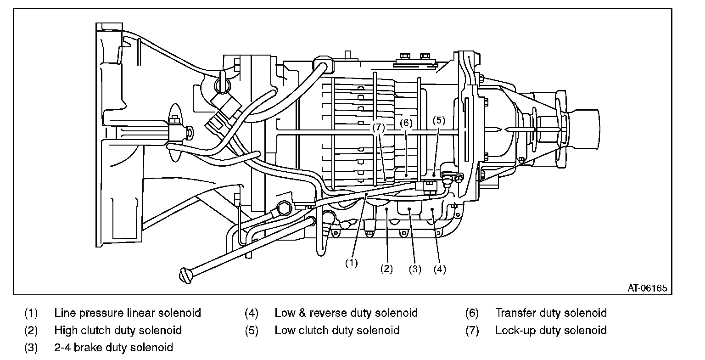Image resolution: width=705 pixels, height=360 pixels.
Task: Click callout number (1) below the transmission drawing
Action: coord(351,263)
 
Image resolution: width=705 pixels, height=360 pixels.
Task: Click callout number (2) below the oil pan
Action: coord(386,269)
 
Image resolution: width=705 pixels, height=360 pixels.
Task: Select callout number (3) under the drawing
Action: coord(415,269)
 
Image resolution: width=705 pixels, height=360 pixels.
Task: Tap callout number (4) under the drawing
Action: coord(440,269)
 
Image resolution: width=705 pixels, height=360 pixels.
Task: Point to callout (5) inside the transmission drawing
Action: coord(438,121)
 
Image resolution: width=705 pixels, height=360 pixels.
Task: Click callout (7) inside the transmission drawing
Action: coord(379,128)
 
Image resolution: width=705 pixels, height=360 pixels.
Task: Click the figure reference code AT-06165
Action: coord(647,288)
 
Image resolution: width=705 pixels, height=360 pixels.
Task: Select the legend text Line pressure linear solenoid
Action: coord(128,313)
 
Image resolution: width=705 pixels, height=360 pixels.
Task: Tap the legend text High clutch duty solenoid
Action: coord(118,330)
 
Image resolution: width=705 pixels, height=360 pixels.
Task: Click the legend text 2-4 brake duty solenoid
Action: coord(113,347)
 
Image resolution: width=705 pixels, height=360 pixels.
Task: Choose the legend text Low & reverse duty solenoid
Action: coord(346,313)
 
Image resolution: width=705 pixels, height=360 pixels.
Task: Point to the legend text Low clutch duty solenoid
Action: coord(337,330)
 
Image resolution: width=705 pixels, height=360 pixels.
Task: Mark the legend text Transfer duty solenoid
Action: coord(551,313)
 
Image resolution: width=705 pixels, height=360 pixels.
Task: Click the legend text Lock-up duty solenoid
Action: coord(551,330)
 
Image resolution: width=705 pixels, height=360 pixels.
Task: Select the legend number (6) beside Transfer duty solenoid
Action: coord(472,313)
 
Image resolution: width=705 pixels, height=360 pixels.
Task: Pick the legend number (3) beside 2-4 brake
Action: coord(31,347)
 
